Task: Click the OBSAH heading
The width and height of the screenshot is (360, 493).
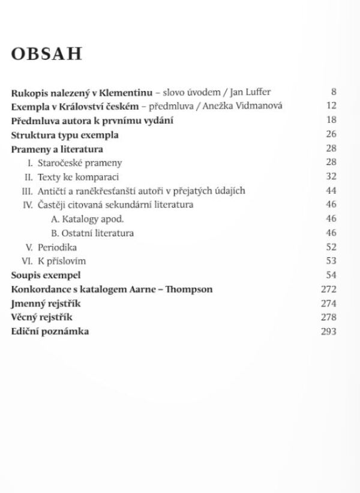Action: point(46,54)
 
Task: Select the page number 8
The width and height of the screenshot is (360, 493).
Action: point(334,92)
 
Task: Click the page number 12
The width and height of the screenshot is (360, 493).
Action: point(331,106)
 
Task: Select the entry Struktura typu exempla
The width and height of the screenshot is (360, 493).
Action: point(65,134)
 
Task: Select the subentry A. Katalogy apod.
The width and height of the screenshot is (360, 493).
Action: point(79,219)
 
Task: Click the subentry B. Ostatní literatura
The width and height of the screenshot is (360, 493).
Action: point(92,233)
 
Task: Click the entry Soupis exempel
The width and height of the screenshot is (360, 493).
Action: point(46,275)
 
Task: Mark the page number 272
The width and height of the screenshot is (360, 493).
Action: point(329,289)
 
